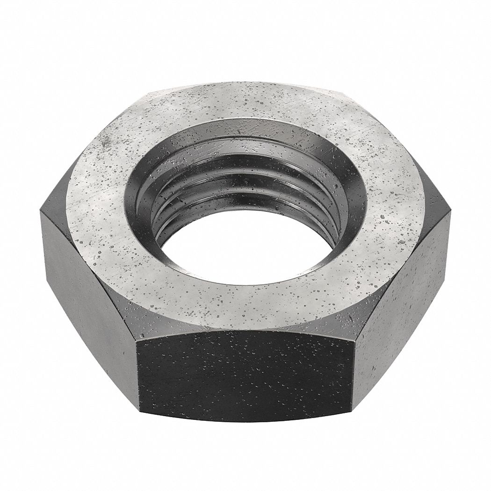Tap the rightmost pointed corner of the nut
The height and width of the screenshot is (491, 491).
(450, 213)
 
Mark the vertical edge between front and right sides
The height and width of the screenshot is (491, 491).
(354, 369)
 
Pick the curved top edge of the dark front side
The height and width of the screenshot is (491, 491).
(245, 331)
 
